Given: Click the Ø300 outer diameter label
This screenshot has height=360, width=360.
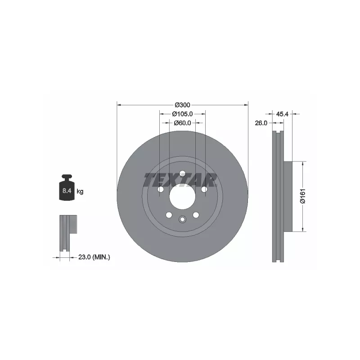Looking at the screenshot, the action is (183, 105).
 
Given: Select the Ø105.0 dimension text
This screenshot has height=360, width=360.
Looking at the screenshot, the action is (183, 114).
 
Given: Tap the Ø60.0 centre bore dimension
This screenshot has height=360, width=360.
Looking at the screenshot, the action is (183, 123).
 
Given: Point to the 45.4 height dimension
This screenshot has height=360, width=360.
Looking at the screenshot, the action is (282, 114).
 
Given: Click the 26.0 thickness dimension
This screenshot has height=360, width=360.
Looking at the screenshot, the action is (261, 123).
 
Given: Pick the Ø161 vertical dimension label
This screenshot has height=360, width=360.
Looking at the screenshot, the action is (303, 196).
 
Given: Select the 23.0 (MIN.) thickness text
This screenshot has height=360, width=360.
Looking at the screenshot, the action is (94, 257).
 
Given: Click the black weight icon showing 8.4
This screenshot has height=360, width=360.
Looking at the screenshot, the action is (67, 187).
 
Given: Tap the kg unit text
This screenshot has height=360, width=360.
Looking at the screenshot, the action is (80, 191).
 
